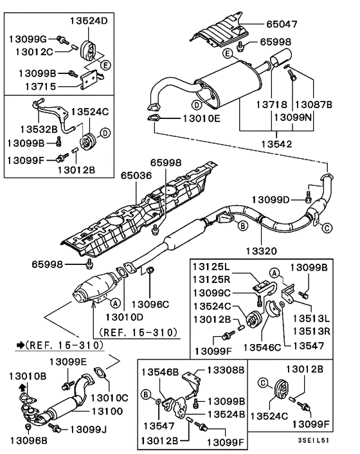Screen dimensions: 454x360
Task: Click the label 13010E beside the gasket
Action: (x=201, y=118)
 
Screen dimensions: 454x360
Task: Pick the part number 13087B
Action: (x=313, y=104)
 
